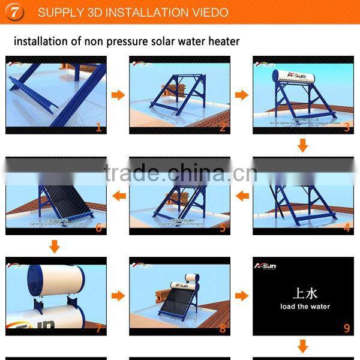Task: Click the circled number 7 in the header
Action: click(14, 13)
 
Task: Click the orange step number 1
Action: click(99, 127)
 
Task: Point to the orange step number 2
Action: click(223, 127)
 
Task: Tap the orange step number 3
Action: click(346, 127)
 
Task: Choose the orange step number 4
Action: click(346, 227)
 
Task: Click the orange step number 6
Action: click(99, 227)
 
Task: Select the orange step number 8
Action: click(223, 328)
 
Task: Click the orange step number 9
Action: click(346, 328)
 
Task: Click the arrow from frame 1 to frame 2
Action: click(118, 95)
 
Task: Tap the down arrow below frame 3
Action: click(302, 145)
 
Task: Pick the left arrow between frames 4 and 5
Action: click(242, 196)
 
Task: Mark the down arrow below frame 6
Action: click(55, 246)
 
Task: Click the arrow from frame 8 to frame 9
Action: click(242, 296)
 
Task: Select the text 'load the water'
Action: click(304, 307)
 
